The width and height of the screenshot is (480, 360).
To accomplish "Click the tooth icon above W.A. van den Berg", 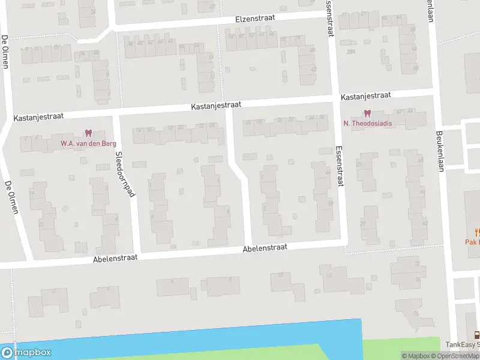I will click(89, 133).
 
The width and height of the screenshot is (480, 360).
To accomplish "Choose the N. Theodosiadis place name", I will click(367, 124).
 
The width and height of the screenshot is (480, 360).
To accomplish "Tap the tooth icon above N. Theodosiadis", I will click(367, 113).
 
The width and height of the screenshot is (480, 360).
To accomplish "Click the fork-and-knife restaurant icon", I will click(478, 232).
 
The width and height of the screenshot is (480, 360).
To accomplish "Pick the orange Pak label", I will click(473, 242).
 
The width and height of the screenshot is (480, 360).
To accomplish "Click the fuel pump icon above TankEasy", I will click(477, 335).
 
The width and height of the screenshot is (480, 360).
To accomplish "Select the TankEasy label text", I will click(462, 344).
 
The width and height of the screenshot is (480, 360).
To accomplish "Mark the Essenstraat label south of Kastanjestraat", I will click(341, 167).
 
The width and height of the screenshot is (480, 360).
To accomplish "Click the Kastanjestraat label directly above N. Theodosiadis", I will click(365, 96).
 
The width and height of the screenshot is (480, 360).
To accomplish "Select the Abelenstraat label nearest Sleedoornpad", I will click(116, 258).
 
